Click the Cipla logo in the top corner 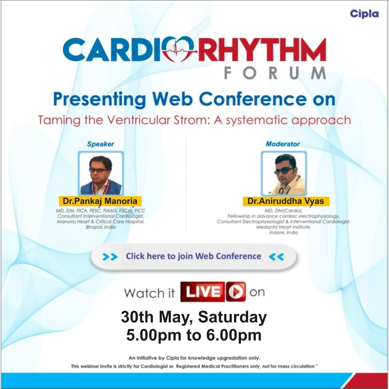[364, 14]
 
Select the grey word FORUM [275, 73]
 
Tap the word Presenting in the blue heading [99, 99]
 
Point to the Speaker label [101, 144]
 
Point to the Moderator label [283, 144]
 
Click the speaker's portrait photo [101, 173]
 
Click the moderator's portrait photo [284, 173]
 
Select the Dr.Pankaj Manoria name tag [100, 201]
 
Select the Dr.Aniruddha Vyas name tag [286, 201]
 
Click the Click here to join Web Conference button [193, 256]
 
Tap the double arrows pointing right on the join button [110, 257]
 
